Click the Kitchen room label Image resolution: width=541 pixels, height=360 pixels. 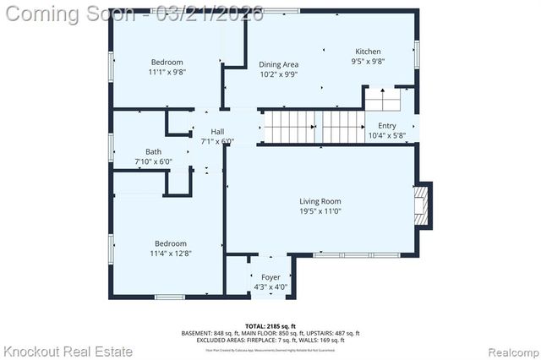(x=368, y=52)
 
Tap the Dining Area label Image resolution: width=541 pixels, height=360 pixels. (x=278, y=64)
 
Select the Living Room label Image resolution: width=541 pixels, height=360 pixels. (x=320, y=201)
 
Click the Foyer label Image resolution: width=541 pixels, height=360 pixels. (x=270, y=277)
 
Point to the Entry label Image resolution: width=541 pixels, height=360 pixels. (x=387, y=126)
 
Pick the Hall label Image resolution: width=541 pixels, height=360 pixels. (x=217, y=132)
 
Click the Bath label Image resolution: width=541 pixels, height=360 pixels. (x=153, y=152)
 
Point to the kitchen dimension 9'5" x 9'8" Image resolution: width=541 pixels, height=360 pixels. (x=368, y=62)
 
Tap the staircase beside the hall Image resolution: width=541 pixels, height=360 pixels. (x=313, y=128)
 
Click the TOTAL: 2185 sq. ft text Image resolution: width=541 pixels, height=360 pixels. (x=270, y=325)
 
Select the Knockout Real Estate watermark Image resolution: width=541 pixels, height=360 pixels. (x=68, y=351)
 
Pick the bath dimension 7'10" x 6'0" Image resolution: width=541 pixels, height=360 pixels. (x=153, y=161)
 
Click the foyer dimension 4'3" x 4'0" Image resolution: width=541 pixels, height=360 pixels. (x=270, y=287)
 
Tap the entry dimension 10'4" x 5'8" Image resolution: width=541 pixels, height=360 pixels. (x=387, y=135)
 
